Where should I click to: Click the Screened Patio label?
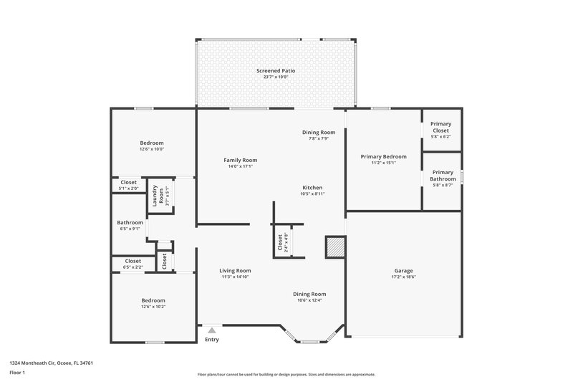(276, 71)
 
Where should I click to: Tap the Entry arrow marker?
(211, 330)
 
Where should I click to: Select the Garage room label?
(403, 271)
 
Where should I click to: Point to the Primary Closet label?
(440, 128)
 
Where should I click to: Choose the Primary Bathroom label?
(443, 176)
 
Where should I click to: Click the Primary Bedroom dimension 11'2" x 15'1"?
(383, 163)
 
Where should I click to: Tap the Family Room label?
(240, 160)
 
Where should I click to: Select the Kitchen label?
(312, 188)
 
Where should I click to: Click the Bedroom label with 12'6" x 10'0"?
(152, 143)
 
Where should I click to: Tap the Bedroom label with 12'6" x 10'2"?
(153, 300)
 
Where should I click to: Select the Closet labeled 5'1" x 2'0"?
(129, 183)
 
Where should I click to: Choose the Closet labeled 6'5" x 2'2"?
(133, 261)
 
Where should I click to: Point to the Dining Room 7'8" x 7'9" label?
(318, 133)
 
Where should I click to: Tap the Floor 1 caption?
(17, 373)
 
